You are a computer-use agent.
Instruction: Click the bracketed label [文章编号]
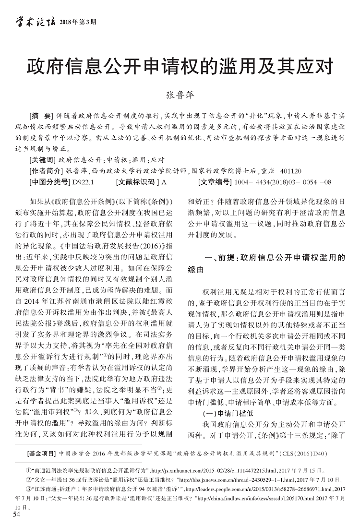[215, 182]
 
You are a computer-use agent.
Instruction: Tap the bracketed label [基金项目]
[42, 453]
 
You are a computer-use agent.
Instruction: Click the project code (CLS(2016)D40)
[305, 453]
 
